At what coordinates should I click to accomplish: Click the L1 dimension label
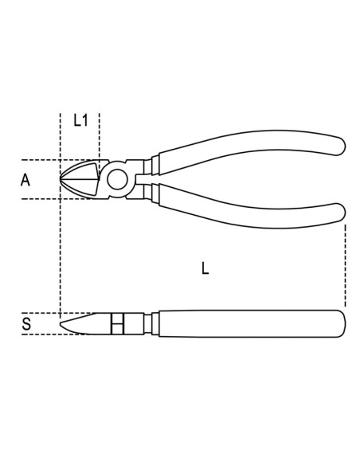click(x=80, y=121)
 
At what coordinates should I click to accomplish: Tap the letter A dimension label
click(x=25, y=180)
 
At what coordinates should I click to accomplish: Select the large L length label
click(x=205, y=269)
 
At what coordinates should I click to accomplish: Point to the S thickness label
click(x=25, y=324)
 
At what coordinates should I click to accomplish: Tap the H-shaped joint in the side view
click(x=117, y=323)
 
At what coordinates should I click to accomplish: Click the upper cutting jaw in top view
click(x=84, y=169)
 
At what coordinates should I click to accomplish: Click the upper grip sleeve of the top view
click(x=247, y=151)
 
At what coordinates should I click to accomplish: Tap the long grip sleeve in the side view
click(x=247, y=323)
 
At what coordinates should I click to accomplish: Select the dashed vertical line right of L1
click(x=99, y=135)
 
